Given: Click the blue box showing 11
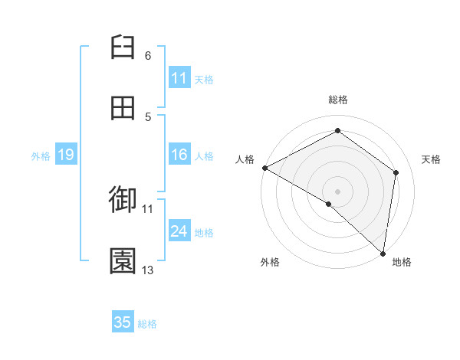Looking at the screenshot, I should pos(179,78).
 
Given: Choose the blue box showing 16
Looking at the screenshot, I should pos(179,155).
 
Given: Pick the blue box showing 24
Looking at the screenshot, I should pos(179,231).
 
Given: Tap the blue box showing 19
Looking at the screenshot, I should pos(65,155).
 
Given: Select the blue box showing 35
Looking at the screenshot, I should pos(123,322).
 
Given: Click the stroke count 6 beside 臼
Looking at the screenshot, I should pos(148,56).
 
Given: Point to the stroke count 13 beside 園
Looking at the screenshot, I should pos(148,270).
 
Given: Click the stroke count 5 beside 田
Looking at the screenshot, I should pos(148,116).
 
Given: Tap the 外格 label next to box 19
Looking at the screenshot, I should pos(41,155).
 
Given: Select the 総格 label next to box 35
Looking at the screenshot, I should pos(147,324).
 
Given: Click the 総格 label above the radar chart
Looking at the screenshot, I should pos(338,100).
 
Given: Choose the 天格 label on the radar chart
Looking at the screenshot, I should pos(432,159).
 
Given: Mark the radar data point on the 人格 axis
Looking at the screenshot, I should pos(264,168).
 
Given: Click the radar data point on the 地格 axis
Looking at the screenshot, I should pos(383,253).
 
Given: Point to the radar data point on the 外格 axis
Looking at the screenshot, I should pos(329,204).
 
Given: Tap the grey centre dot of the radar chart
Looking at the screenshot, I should pos(338,191).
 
